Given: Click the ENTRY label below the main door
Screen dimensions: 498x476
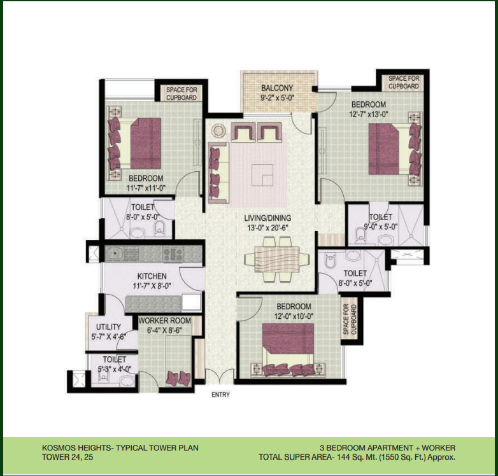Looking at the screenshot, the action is (220, 395).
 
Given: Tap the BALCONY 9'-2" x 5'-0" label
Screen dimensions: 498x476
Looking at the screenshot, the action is (277, 93).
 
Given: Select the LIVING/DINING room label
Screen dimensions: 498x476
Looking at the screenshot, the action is (267, 218).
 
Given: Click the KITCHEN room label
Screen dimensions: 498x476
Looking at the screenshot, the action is (152, 276).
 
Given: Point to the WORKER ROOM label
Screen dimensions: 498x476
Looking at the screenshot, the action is (164, 321).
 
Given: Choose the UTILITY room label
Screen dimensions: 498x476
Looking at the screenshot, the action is (109, 327).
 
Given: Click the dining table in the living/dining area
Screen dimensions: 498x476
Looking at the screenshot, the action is (276, 259).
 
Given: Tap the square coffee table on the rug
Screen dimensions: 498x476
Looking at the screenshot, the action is (262, 175).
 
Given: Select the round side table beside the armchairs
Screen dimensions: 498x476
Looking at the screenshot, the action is (218, 130).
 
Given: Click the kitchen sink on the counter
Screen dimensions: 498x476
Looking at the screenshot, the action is (114, 253).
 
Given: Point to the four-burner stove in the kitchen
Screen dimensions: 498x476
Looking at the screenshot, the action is (173, 254).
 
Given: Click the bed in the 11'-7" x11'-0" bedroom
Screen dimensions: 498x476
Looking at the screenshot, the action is (134, 143).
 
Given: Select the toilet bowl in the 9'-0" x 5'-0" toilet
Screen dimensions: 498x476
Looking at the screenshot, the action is (361, 235).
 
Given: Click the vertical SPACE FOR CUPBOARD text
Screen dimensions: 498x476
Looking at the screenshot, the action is (350, 319).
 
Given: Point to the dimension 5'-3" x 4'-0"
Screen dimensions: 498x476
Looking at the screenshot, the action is (115, 369).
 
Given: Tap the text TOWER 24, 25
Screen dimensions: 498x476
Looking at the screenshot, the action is (68, 458).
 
